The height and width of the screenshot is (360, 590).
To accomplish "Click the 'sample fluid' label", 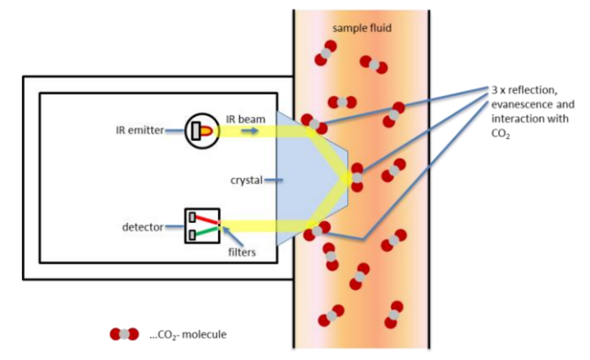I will [x=360, y=28].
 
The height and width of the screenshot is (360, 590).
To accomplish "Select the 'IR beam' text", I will [x=241, y=119].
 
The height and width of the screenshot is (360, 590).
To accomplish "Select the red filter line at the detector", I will [x=207, y=220].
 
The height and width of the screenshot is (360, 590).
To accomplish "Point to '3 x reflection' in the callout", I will [x=520, y=90].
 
